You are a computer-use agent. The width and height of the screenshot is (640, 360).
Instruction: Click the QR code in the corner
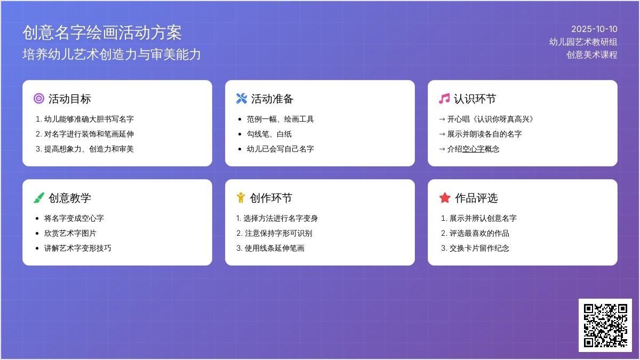tap(605, 325)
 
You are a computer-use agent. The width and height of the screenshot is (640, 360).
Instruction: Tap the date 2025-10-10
tap(594, 29)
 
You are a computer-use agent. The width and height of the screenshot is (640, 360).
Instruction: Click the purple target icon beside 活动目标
tap(39, 99)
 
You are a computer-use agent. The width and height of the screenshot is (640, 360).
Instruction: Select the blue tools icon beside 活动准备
tap(242, 99)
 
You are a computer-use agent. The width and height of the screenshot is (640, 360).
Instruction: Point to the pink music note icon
tap(444, 99)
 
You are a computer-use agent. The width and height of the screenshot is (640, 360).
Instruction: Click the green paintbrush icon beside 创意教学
tap(39, 198)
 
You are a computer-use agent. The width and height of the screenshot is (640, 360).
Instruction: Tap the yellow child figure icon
tap(241, 198)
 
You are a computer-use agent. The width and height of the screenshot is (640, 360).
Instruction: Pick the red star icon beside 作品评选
tap(445, 198)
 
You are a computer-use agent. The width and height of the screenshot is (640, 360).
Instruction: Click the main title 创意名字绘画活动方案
tap(102, 33)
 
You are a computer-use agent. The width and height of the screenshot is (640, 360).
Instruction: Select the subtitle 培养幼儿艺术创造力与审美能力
tap(111, 54)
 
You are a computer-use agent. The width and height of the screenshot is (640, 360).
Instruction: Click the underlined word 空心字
tap(474, 149)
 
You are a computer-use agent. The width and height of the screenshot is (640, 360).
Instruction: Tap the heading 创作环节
tap(271, 198)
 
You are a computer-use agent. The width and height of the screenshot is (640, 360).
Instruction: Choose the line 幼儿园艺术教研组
tap(583, 42)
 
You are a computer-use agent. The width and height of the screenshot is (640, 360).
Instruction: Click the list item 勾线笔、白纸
tap(269, 134)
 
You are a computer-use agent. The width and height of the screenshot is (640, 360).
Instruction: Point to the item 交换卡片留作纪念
tap(479, 249)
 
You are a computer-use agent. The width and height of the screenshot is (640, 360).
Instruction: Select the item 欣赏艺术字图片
tap(70, 234)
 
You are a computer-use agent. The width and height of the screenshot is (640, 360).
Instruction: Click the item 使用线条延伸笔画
tap(274, 249)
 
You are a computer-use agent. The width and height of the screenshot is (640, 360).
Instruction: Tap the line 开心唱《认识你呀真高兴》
tap(490, 119)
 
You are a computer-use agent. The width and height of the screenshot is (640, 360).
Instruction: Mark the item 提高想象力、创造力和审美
tap(89, 149)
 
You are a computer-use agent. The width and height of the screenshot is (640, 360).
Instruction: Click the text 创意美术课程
tap(592, 54)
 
